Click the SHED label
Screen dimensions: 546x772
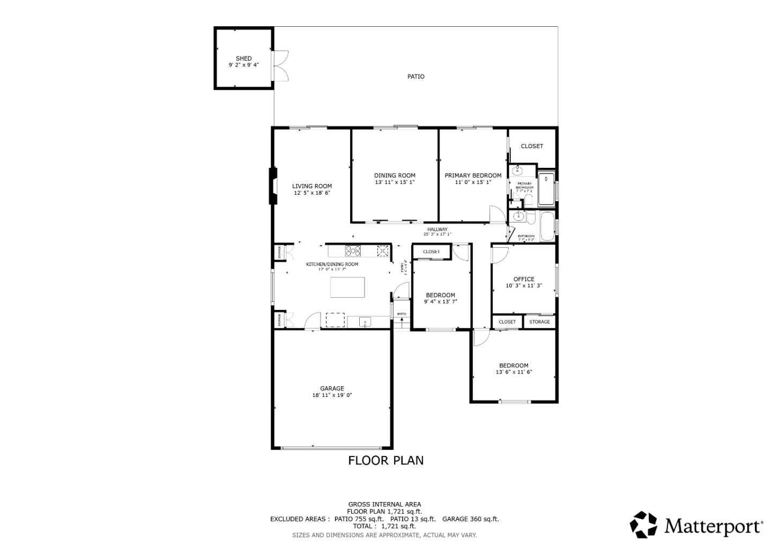pyautogui.click(x=243, y=58)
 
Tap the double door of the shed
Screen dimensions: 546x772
pyautogui.click(x=280, y=65)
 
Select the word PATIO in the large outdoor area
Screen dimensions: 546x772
pyautogui.click(x=415, y=77)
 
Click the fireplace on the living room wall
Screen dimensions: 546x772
pyautogui.click(x=273, y=186)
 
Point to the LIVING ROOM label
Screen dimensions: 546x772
pyautogui.click(x=311, y=186)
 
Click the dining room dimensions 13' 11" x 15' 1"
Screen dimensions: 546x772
pyautogui.click(x=395, y=182)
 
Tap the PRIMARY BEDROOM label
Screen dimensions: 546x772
pyautogui.click(x=473, y=175)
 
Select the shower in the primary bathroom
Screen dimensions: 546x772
pyautogui.click(x=546, y=189)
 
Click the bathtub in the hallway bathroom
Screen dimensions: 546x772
pyautogui.click(x=547, y=227)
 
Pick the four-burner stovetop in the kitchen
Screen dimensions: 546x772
pyautogui.click(x=353, y=250)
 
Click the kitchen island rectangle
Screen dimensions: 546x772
pyautogui.click(x=347, y=287)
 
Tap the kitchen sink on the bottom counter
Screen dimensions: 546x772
pyautogui.click(x=365, y=322)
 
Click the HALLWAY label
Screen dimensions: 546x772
pyautogui.click(x=437, y=230)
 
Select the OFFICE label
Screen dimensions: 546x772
pyautogui.click(x=524, y=279)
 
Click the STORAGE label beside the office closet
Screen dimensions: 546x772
pyautogui.click(x=539, y=322)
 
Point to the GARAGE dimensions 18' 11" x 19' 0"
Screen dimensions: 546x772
pyautogui.click(x=332, y=395)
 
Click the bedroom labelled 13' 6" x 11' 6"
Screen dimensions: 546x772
pyautogui.click(x=514, y=368)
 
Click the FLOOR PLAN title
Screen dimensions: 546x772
pyautogui.click(x=385, y=460)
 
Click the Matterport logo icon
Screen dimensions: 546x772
pyautogui.click(x=643, y=525)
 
